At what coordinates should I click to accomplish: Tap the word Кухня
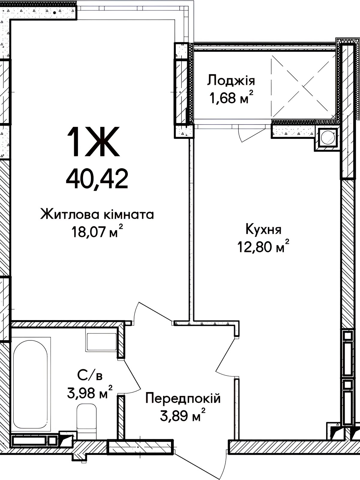click(263, 229)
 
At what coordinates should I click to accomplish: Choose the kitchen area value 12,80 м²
click(263, 247)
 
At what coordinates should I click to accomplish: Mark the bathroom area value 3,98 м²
click(90, 393)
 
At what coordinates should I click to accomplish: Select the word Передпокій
click(183, 398)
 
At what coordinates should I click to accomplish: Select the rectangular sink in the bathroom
click(101, 342)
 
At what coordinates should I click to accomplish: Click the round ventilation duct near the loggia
click(327, 138)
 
